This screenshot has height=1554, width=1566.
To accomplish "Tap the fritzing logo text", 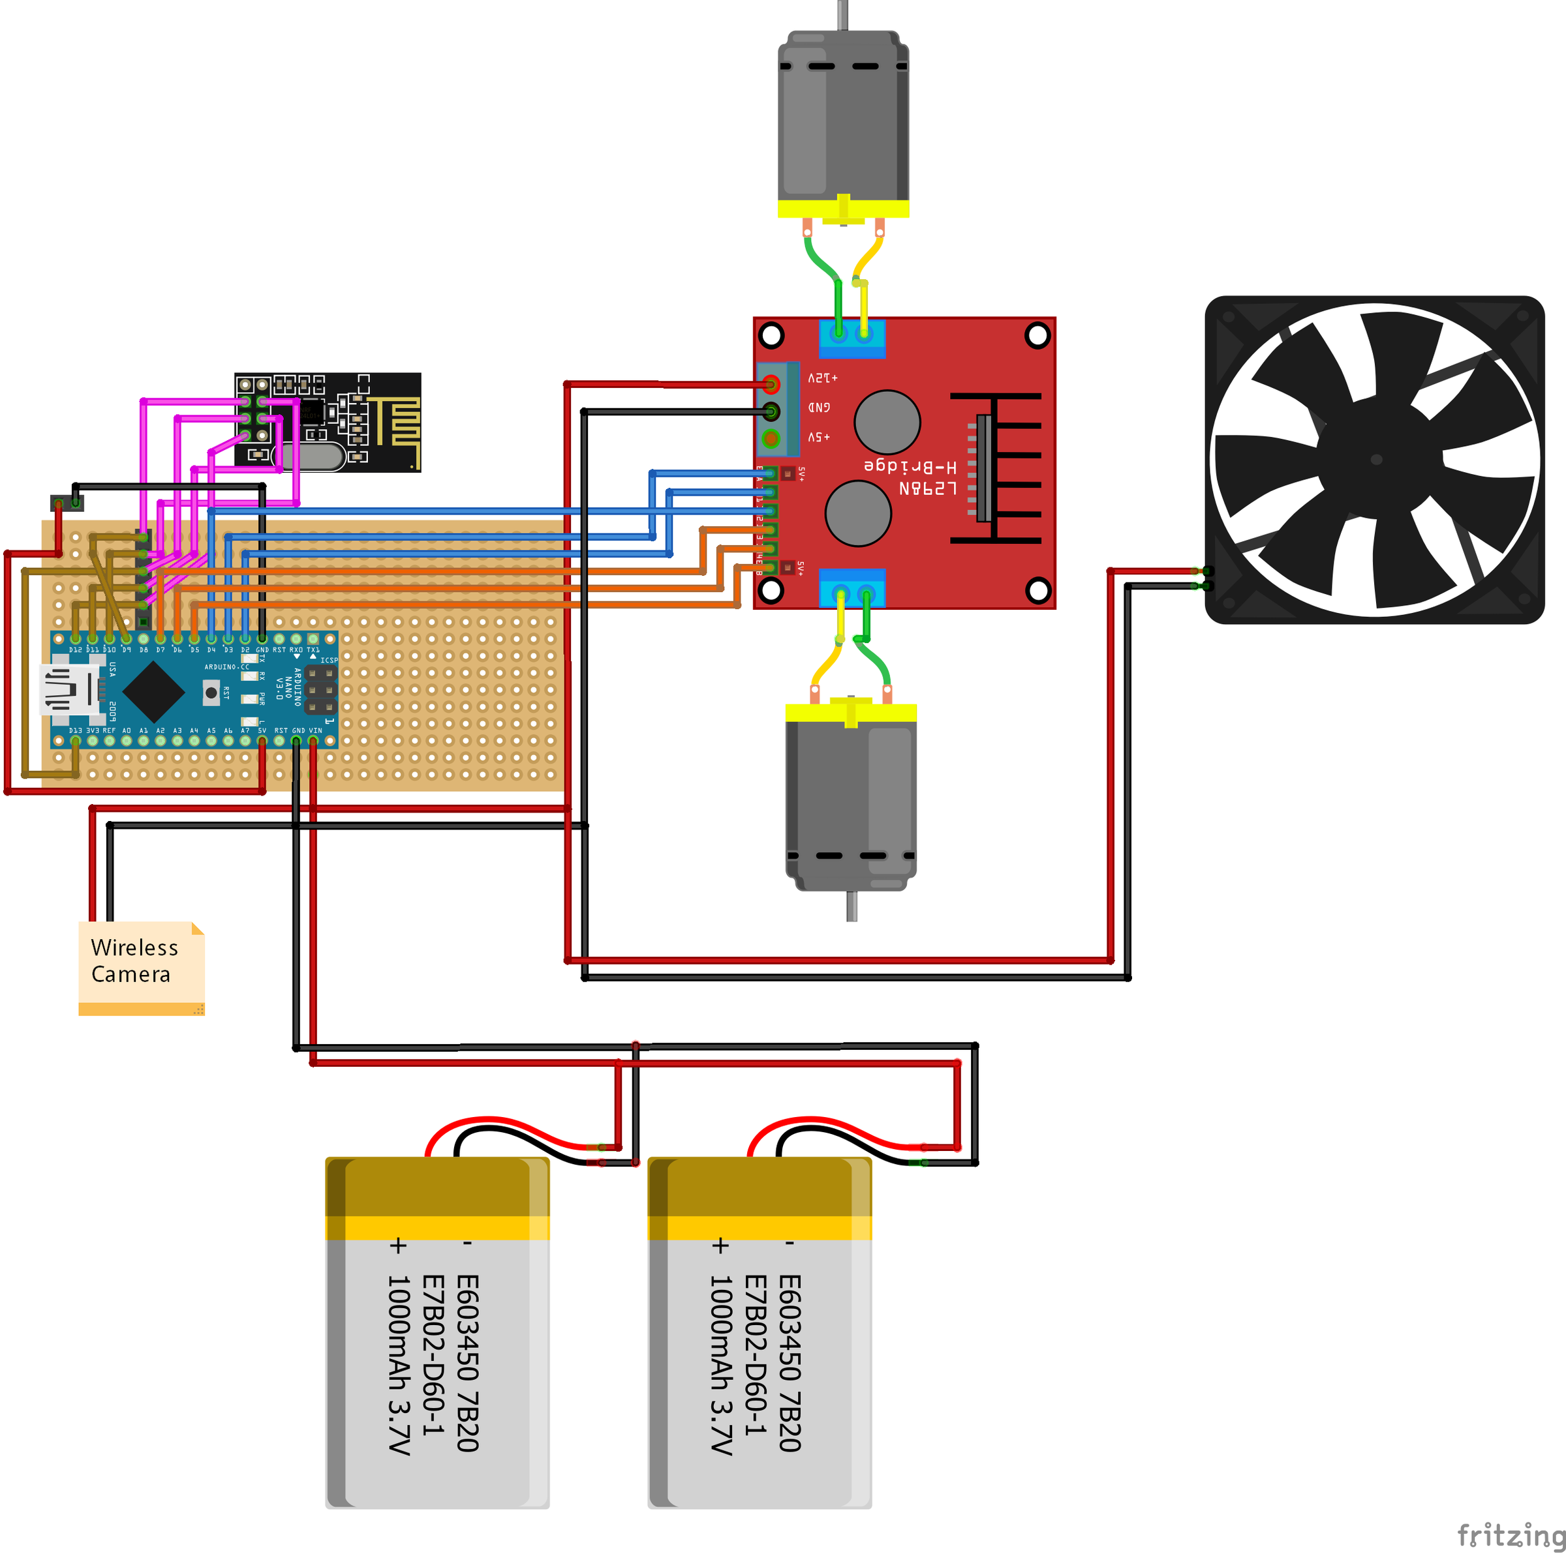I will [x=1509, y=1534].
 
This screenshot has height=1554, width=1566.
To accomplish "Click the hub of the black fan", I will [x=1375, y=459].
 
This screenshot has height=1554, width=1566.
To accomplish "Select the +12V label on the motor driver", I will [x=822, y=378].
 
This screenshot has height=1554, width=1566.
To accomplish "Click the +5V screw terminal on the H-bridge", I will [x=771, y=439].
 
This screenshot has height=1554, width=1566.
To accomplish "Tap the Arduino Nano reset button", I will [x=211, y=692].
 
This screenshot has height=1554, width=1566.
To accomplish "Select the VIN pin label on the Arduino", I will [x=315, y=730].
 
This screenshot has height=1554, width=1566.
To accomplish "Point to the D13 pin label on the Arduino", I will [x=76, y=730].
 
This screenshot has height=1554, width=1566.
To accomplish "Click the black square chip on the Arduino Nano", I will [x=153, y=691].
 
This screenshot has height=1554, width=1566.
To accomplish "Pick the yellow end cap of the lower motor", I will [x=851, y=713].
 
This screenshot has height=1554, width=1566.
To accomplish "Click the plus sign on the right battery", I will [x=720, y=1246].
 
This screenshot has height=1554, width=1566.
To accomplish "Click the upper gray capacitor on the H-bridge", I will [x=887, y=422].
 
